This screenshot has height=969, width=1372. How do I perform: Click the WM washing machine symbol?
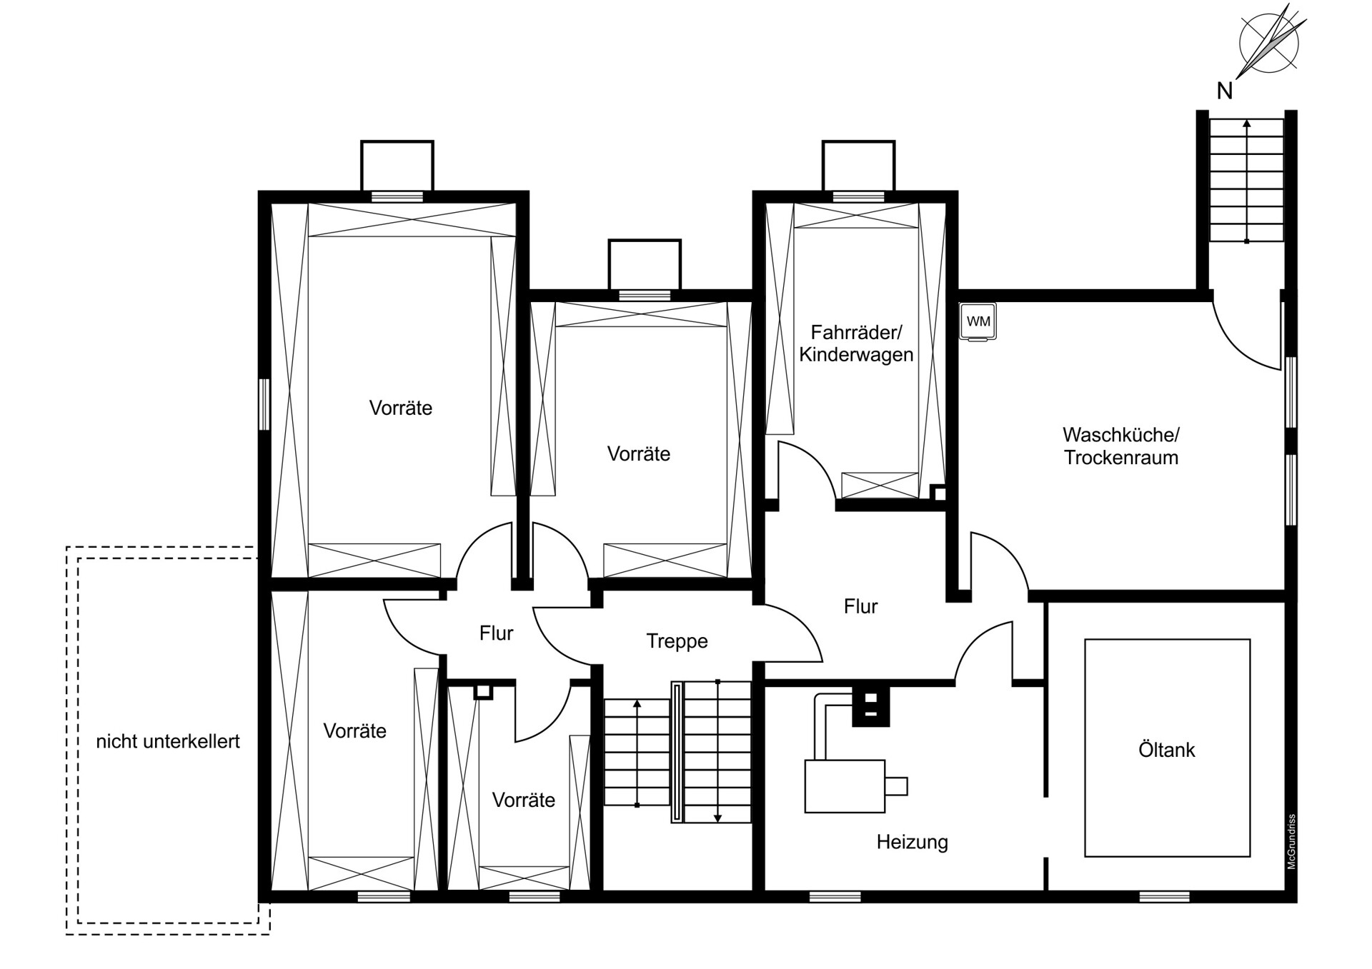tap(978, 322)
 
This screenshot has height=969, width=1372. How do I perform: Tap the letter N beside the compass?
tap(1225, 91)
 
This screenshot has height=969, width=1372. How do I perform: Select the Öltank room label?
tap(1166, 750)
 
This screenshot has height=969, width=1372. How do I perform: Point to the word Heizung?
tap(912, 843)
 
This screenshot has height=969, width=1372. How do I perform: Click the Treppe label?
tap(677, 641)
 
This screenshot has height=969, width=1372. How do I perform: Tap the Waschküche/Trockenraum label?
tap(1120, 446)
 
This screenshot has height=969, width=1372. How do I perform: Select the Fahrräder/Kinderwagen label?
tap(856, 343)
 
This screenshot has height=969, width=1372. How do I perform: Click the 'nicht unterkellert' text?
tap(168, 741)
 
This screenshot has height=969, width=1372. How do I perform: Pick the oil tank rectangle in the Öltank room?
tap(1167, 748)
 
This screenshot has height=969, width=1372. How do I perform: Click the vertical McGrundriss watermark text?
tap(1291, 841)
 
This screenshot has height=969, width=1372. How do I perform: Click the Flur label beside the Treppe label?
tap(496, 633)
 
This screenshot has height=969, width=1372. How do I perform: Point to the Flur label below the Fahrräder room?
tap(860, 606)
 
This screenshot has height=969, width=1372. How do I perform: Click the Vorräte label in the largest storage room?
tap(400, 408)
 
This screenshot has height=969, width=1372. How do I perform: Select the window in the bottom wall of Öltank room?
tap(1164, 897)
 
